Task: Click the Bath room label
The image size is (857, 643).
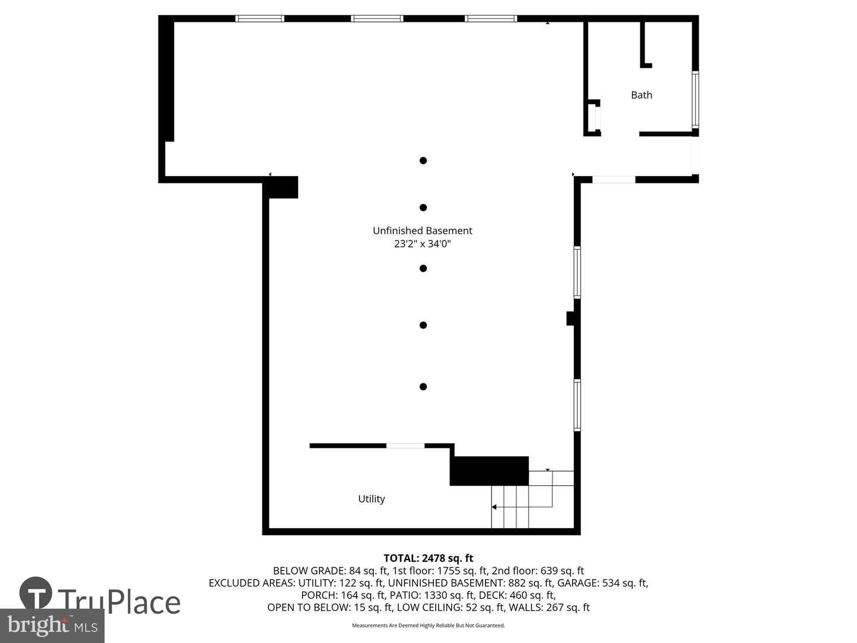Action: pyautogui.click(x=642, y=95)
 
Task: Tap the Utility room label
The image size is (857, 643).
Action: pyautogui.click(x=371, y=499)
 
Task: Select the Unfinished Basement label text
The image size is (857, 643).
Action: pyautogui.click(x=423, y=230)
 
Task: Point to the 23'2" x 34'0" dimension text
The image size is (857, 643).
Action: pyautogui.click(x=423, y=244)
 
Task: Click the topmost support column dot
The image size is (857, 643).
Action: pyautogui.click(x=423, y=160)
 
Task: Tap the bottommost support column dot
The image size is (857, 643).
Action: pyautogui.click(x=423, y=387)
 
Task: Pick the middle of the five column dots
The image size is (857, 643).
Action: pyautogui.click(x=423, y=269)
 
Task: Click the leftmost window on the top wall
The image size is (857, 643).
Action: pyautogui.click(x=260, y=18)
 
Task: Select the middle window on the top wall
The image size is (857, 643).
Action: pyautogui.click(x=377, y=18)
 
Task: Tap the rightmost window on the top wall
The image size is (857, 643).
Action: pyautogui.click(x=491, y=18)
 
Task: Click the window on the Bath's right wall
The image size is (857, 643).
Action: pyautogui.click(x=695, y=99)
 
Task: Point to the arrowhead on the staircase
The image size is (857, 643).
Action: pyautogui.click(x=494, y=507)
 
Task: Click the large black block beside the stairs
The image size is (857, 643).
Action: pyautogui.click(x=489, y=471)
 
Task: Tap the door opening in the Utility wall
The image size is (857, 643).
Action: pyautogui.click(x=405, y=445)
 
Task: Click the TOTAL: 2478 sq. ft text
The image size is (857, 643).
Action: pyautogui.click(x=428, y=558)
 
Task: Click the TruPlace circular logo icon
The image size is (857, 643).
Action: pyautogui.click(x=36, y=594)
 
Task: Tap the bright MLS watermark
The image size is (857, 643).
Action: pyautogui.click(x=52, y=625)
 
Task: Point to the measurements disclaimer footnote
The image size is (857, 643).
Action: pyautogui.click(x=428, y=626)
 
